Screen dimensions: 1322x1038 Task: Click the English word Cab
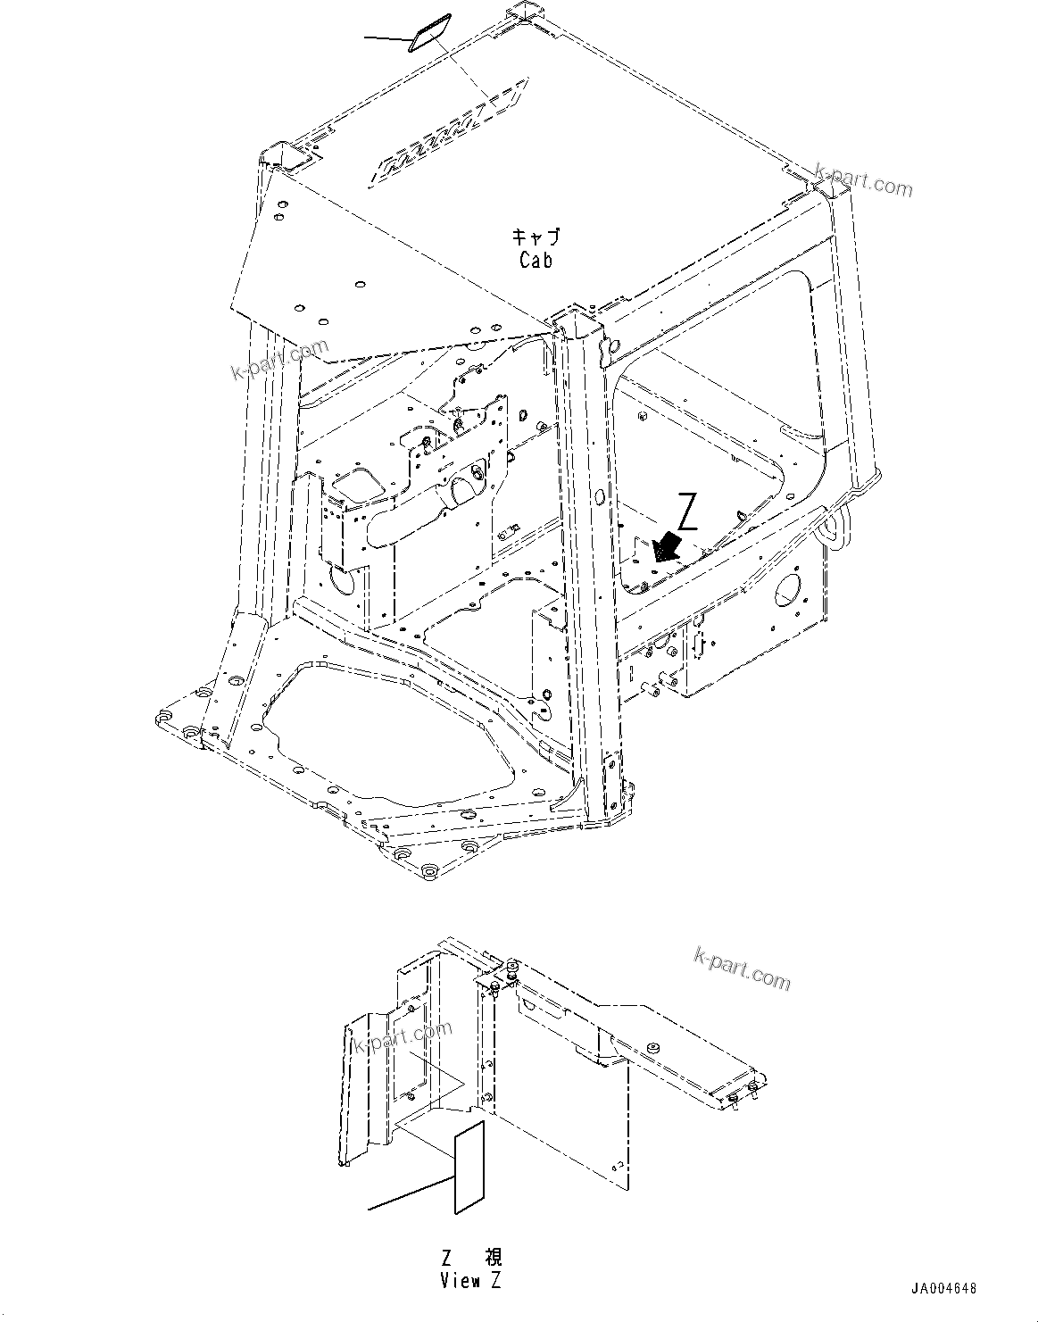536,260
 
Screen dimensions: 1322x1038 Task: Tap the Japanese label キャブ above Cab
536,237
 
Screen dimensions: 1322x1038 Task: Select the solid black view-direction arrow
666,545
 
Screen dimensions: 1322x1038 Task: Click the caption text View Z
470,1281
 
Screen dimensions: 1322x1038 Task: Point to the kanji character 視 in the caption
493,1258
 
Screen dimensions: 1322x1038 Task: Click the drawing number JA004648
944,1289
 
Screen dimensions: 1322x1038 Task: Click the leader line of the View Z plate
411,1194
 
